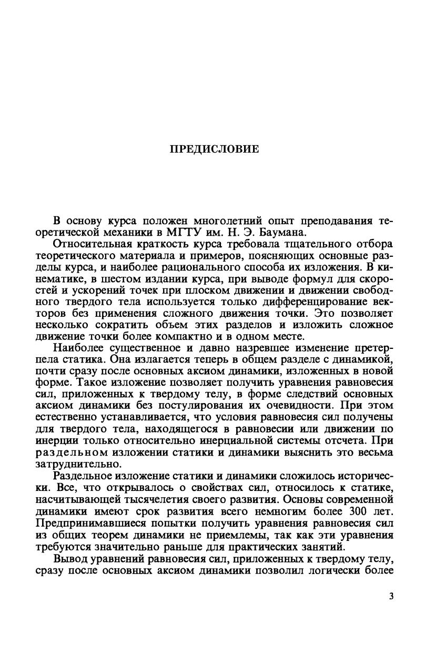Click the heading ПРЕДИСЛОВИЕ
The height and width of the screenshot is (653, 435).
214,149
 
